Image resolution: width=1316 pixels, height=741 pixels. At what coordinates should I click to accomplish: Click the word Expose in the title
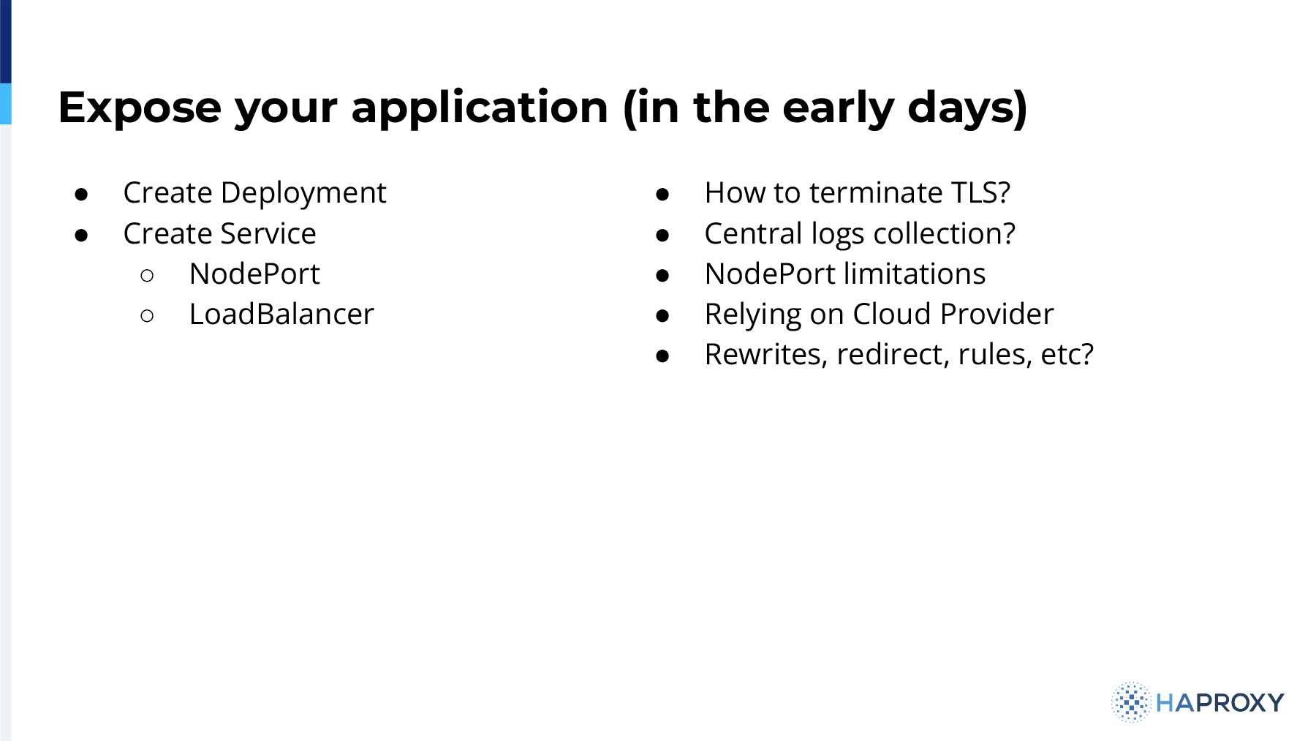click(140, 108)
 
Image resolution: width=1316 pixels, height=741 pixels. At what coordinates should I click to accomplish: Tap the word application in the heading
click(480, 108)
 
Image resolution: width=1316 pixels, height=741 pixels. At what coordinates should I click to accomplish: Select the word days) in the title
click(967, 108)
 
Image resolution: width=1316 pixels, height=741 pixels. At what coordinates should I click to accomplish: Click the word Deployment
click(303, 193)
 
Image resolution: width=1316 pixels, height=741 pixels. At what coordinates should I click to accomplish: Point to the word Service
click(268, 234)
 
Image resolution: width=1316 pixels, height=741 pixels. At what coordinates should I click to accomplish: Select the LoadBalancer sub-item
click(281, 315)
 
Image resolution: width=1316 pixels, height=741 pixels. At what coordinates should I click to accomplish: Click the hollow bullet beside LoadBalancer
click(147, 316)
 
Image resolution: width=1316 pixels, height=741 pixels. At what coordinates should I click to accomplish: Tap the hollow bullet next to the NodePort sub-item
click(147, 276)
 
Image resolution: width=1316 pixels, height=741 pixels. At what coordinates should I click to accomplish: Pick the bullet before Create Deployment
click(81, 195)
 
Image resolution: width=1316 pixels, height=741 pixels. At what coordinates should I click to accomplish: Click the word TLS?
click(980, 193)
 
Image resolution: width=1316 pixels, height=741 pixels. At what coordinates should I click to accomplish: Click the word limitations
click(915, 274)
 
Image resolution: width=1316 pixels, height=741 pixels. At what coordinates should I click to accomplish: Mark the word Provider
click(997, 315)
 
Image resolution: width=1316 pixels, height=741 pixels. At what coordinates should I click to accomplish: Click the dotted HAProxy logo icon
click(1131, 702)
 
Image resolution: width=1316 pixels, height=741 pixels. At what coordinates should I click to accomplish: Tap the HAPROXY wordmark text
click(1220, 703)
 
